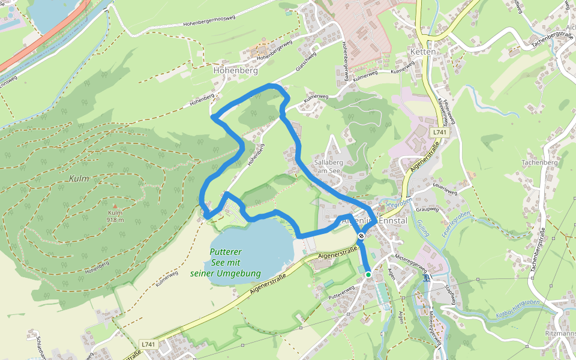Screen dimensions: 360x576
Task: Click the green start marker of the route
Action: [x=368, y=274]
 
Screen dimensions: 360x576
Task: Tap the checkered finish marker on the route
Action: [x=361, y=236]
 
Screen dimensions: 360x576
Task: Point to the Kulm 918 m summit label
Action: [x=115, y=216]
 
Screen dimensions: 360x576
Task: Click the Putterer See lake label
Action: [x=226, y=263]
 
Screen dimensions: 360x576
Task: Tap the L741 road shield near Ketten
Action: [x=440, y=131]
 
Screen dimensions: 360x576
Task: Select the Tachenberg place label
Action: [x=539, y=163]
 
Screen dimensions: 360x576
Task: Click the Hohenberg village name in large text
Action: [x=235, y=70]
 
